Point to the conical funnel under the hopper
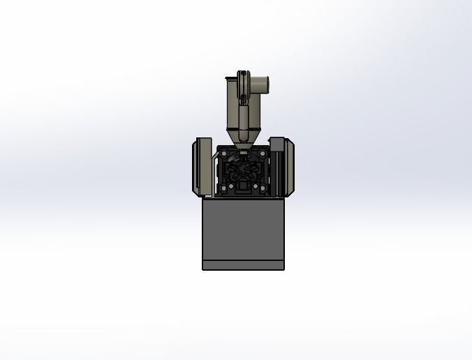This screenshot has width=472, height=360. coord(242,137)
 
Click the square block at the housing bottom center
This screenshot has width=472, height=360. coord(242,186)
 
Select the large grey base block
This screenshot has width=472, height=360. coord(244,230)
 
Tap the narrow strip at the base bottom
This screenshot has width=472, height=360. coord(244,265)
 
